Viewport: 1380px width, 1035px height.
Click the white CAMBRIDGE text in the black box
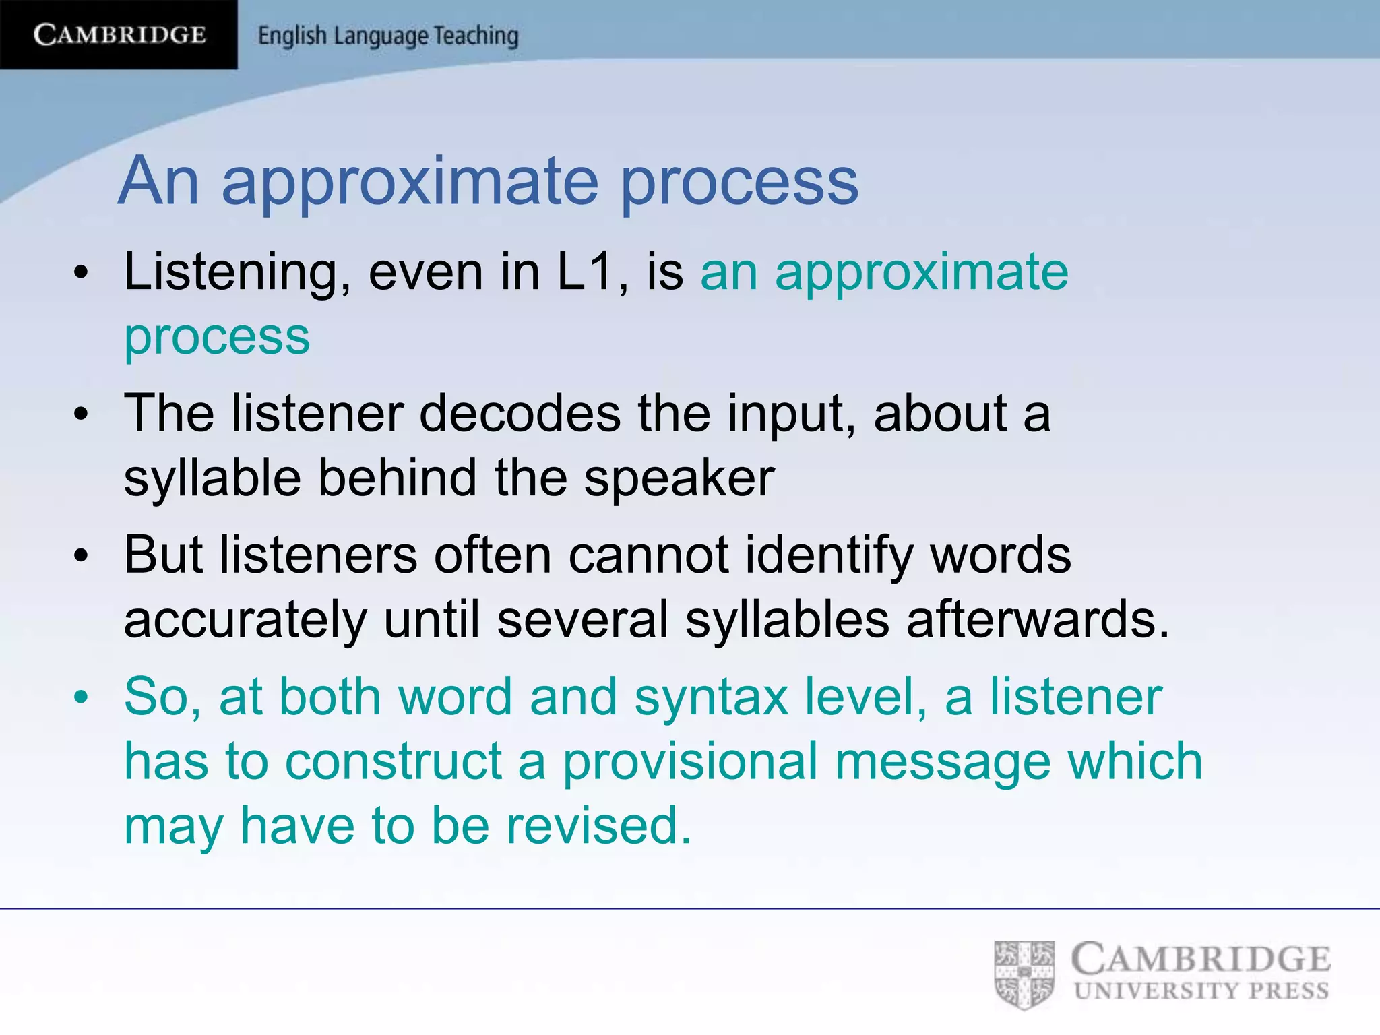click(x=119, y=34)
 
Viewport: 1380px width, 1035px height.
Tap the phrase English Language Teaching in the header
click(x=388, y=36)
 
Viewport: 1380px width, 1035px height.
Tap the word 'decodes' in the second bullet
click(x=520, y=413)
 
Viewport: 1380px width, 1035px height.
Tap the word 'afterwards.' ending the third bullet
click(x=1038, y=619)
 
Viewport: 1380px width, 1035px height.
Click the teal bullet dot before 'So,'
click(x=82, y=697)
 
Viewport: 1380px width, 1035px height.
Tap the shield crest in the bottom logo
click(x=1024, y=975)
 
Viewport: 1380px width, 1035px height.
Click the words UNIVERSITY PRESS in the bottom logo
click(x=1201, y=991)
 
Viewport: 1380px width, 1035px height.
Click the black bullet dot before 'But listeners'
click(x=82, y=557)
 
